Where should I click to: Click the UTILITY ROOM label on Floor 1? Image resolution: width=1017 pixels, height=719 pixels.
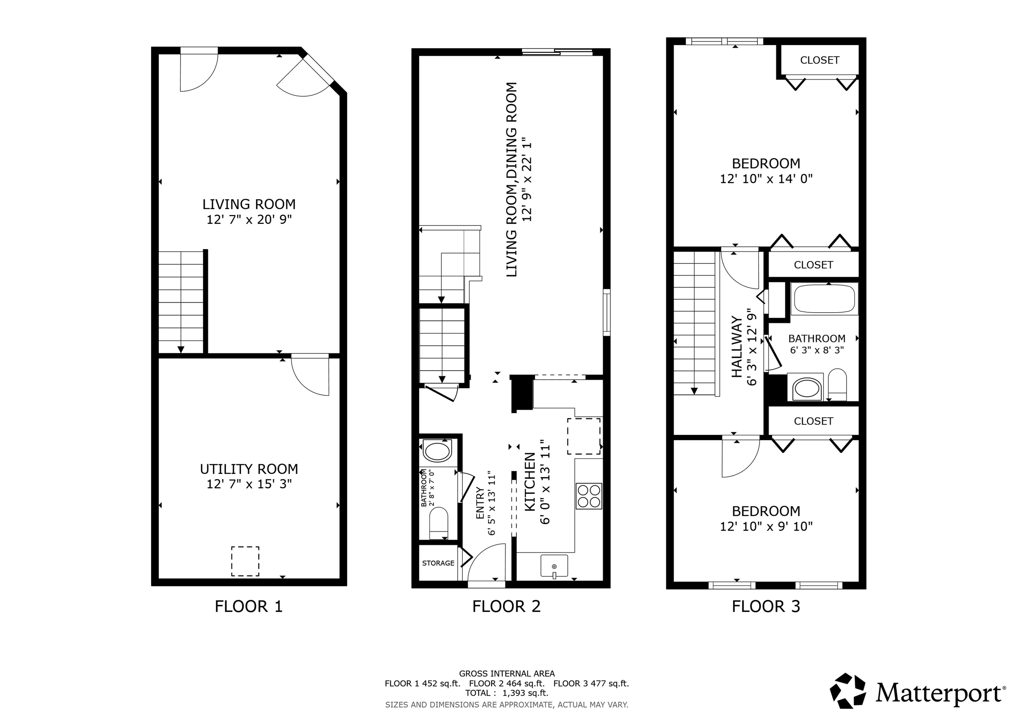[249, 469]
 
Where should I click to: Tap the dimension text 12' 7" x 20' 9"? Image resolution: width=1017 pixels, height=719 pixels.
[249, 219]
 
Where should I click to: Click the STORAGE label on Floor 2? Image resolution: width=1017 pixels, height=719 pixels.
[438, 563]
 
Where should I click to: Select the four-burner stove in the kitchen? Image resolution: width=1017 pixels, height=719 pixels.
[589, 496]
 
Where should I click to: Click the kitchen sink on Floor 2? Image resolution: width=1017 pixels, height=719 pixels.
[554, 566]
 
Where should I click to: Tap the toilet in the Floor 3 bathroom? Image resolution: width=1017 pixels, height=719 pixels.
[837, 385]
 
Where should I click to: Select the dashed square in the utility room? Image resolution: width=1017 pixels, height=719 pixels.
[245, 561]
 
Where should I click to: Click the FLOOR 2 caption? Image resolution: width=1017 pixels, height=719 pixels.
[506, 606]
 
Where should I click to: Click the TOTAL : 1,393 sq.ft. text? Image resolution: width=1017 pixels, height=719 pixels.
[506, 693]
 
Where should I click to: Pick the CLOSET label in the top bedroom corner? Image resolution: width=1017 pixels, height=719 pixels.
[819, 60]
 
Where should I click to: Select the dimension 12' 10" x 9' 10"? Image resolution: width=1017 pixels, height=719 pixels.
[766, 526]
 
